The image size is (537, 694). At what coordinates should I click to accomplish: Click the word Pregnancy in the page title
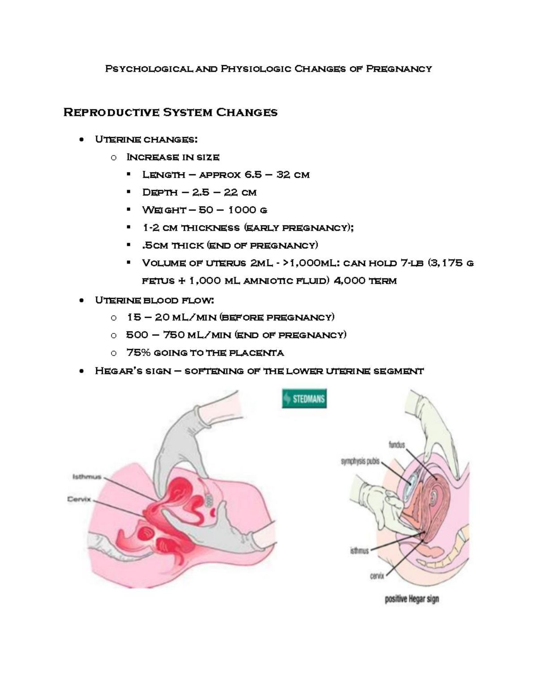[399, 69]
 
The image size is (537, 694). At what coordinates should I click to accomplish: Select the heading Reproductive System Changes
[170, 112]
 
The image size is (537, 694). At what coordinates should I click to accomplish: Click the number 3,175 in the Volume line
[445, 263]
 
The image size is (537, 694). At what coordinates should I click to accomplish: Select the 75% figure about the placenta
[137, 353]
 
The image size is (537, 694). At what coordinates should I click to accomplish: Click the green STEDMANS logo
[304, 399]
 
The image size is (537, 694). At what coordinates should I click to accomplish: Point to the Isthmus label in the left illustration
[87, 477]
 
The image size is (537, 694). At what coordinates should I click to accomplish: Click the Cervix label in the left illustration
[79, 499]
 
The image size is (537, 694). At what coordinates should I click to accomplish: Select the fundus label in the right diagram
[396, 445]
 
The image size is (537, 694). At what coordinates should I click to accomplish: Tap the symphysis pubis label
[360, 462]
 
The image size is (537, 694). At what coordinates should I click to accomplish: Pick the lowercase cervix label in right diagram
[377, 576]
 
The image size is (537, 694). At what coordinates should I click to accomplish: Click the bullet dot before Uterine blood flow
[81, 301]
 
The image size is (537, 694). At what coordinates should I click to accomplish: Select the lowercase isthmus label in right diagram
[359, 551]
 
